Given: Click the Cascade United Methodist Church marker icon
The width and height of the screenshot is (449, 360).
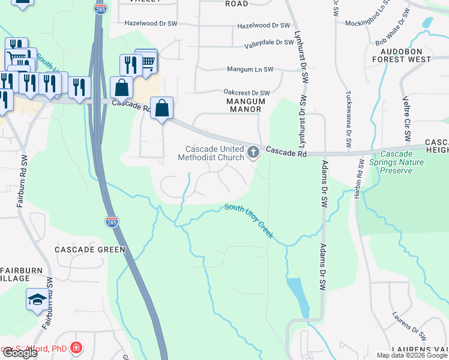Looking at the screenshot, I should pos(253,153).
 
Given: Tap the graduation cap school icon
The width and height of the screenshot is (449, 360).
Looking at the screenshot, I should pos(37,299).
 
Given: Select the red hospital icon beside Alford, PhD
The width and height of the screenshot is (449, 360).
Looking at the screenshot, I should pos(76,348).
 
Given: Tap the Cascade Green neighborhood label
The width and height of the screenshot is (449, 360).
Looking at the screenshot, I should pos(89,249).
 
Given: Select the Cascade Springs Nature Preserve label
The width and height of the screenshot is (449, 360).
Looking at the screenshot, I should pos(396,162).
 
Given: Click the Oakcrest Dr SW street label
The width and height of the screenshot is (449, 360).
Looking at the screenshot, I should pos(247,93).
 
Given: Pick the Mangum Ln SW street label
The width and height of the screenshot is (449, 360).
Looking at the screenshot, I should pos(250,70).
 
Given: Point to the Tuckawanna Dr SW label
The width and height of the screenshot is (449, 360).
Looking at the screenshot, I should pos(348,119).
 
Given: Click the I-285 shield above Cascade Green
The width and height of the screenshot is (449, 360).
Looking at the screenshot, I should pos(112,221).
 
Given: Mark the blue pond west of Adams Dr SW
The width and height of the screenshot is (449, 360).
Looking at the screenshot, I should pos(298,296).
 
